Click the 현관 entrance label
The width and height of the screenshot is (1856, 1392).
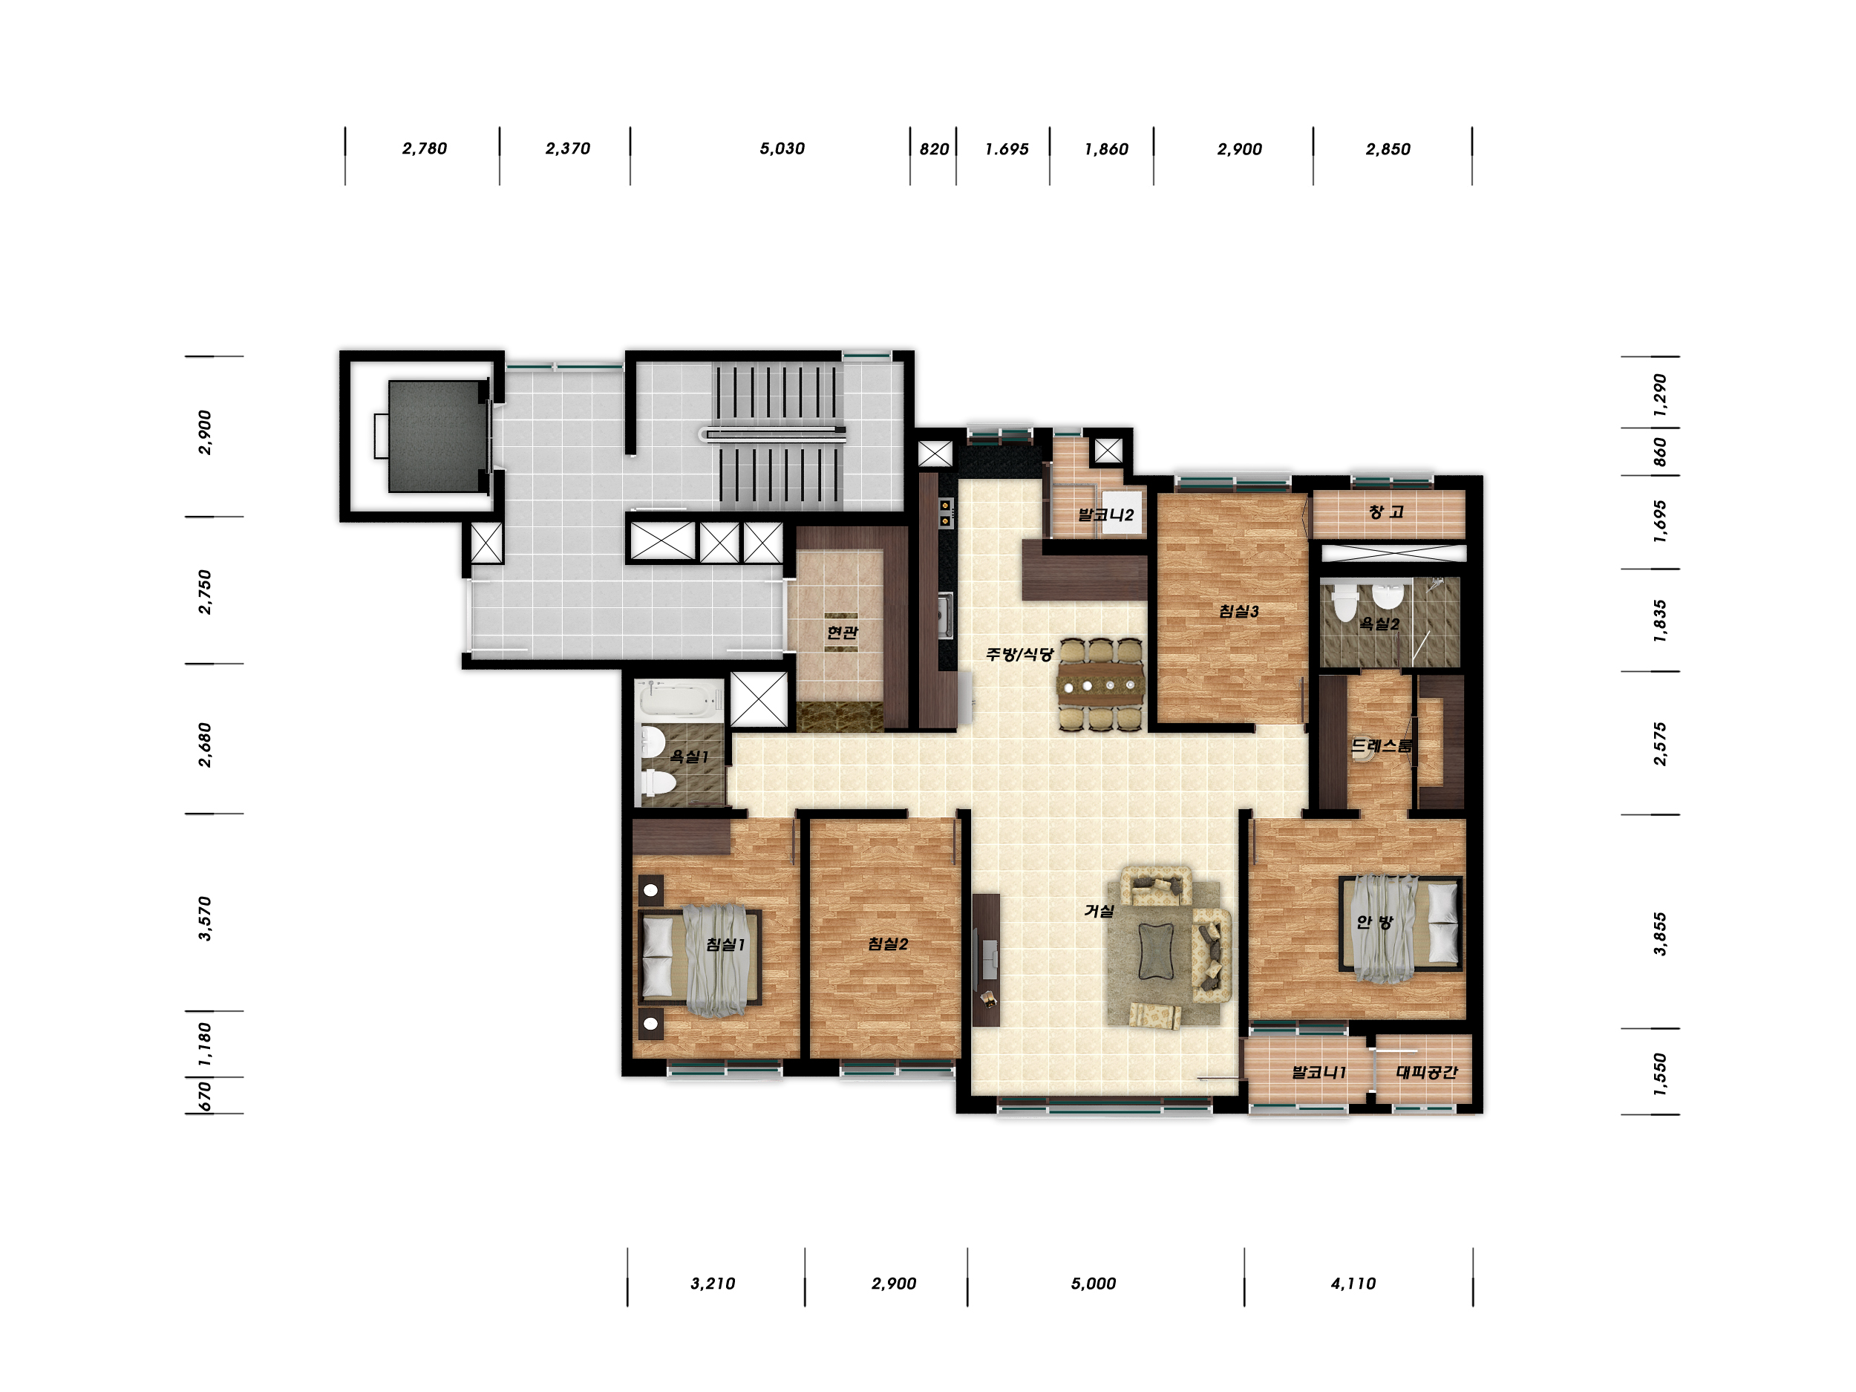(843, 632)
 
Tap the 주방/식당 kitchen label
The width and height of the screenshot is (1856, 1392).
(1019, 653)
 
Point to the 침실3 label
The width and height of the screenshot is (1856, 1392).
(1238, 611)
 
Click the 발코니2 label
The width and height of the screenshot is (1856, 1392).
(1106, 514)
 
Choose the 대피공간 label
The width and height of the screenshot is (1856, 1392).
(1426, 1071)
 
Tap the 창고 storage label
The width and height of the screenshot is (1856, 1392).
(1386, 511)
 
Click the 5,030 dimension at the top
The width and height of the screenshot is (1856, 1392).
(782, 148)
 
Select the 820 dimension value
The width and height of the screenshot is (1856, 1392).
(934, 149)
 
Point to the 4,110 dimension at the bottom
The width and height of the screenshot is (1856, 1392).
(1353, 1283)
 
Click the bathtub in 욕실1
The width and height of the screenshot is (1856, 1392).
(681, 699)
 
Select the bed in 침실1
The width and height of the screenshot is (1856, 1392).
(700, 958)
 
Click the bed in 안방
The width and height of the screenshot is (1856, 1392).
(1400, 924)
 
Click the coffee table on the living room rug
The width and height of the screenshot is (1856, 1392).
(1155, 952)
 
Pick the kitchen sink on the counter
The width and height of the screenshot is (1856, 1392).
(946, 615)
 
